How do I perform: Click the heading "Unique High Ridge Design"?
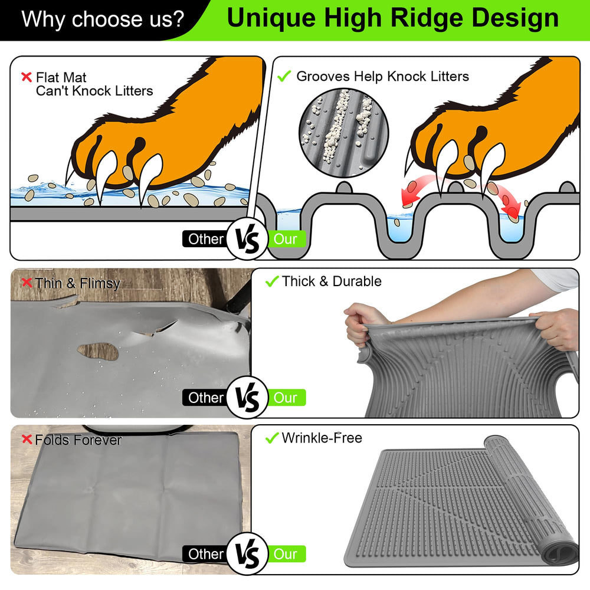pyautogui.click(x=392, y=18)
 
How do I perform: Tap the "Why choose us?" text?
pyautogui.click(x=103, y=19)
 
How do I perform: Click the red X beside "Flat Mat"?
pyautogui.click(x=26, y=77)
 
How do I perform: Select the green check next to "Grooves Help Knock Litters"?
pyautogui.click(x=284, y=76)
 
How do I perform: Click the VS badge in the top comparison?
pyautogui.click(x=247, y=239)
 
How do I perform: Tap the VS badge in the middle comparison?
pyautogui.click(x=247, y=398)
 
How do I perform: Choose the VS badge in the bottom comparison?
pyautogui.click(x=247, y=554)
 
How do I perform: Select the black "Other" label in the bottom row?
pyautogui.click(x=206, y=554)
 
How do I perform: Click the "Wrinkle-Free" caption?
pyautogui.click(x=322, y=438)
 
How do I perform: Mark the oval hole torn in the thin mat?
pyautogui.click(x=98, y=352)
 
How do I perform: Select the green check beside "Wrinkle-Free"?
pyautogui.click(x=272, y=438)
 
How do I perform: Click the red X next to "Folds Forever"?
pyautogui.click(x=26, y=440)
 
